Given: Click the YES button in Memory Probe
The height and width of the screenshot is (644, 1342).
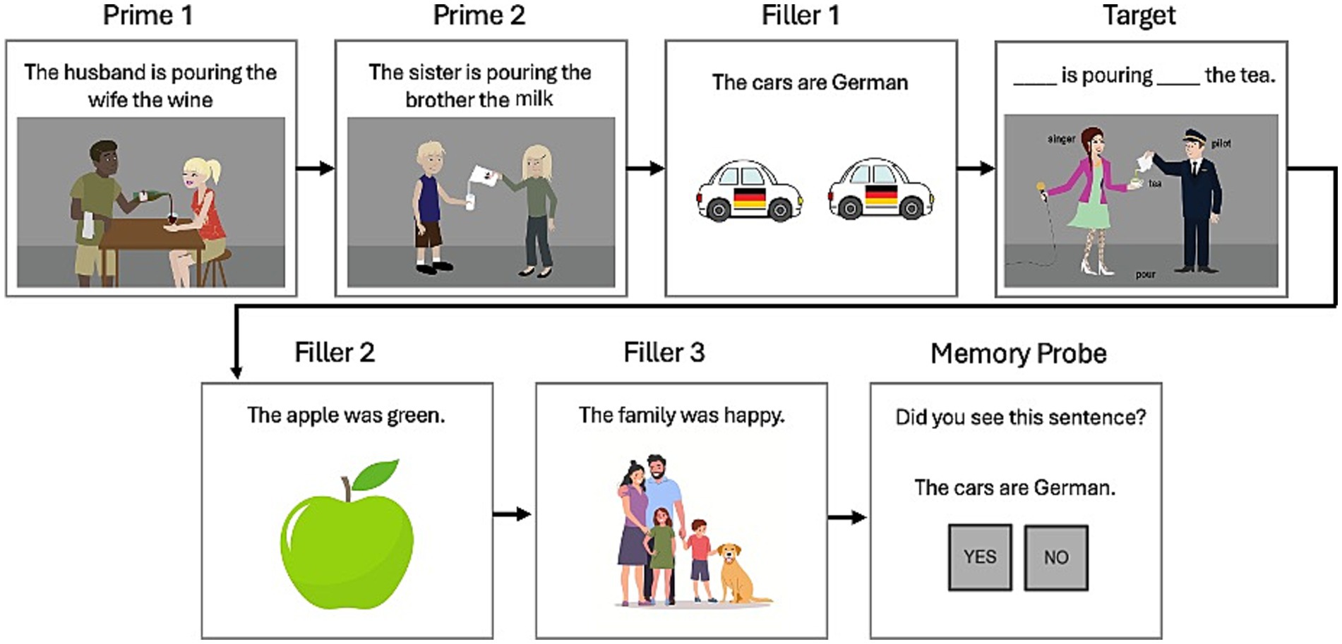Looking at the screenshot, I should pyautogui.click(x=980, y=557).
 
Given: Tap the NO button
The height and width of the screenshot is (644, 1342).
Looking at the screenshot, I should pyautogui.click(x=1055, y=558).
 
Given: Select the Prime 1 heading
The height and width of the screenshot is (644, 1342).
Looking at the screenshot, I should pyautogui.click(x=147, y=16).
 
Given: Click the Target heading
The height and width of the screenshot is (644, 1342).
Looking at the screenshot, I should pyautogui.click(x=1139, y=16).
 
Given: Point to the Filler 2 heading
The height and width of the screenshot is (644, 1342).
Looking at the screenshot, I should pyautogui.click(x=334, y=352).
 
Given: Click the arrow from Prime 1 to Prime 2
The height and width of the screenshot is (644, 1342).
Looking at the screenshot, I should pyautogui.click(x=315, y=168).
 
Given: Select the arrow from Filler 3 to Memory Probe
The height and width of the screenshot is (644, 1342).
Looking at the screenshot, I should pyautogui.click(x=847, y=517).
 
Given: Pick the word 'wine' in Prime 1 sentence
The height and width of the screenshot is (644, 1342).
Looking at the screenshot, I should pyautogui.click(x=189, y=99).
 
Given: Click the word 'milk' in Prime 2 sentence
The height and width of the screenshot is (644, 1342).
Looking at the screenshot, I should pyautogui.click(x=534, y=99).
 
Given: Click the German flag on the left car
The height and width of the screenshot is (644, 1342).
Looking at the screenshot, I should pyautogui.click(x=749, y=198).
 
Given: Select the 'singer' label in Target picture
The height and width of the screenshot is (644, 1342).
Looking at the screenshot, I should pyautogui.click(x=1060, y=140).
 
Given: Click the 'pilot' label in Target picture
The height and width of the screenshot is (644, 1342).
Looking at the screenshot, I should pyautogui.click(x=1221, y=143).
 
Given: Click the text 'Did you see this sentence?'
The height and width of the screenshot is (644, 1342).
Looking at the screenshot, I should pyautogui.click(x=1020, y=417).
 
